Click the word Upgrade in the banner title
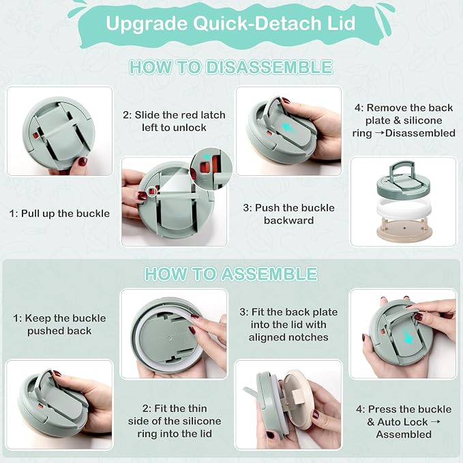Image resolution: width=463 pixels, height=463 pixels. pyautogui.click(x=147, y=25)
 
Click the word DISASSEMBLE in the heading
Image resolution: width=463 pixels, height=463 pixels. pyautogui.click(x=269, y=68)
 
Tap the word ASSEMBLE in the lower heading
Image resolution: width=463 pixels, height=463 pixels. pyautogui.click(x=269, y=274)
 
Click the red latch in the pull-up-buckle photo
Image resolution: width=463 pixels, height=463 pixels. pyautogui.click(x=36, y=136)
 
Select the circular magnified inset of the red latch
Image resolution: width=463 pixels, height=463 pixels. pyautogui.click(x=211, y=169)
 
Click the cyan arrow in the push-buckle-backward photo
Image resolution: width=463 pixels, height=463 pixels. pyautogui.click(x=286, y=128)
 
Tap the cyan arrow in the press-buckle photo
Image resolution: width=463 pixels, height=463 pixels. pyautogui.click(x=408, y=336)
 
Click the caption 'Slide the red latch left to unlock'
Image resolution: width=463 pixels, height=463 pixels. pyautogui.click(x=174, y=121)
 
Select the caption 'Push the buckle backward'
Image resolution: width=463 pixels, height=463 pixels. pyautogui.click(x=289, y=214)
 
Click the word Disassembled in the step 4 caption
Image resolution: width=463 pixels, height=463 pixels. pyautogui.click(x=420, y=133)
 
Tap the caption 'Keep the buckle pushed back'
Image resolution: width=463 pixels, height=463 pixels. pyautogui.click(x=59, y=325)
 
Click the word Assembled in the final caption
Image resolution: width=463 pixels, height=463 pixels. pyautogui.click(x=404, y=434)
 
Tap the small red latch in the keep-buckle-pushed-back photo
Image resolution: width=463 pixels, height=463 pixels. pyautogui.click(x=41, y=406)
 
